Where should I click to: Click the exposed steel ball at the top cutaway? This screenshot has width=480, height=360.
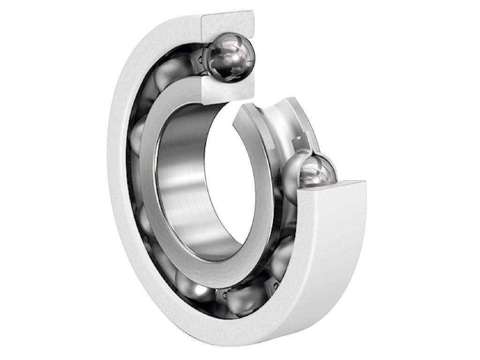pos(231,56)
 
